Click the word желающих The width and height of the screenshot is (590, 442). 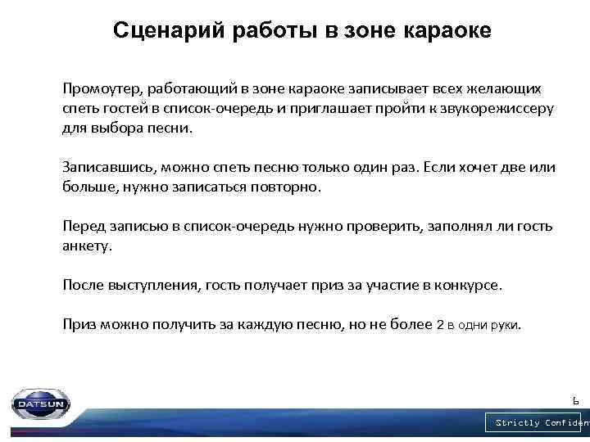(505, 88)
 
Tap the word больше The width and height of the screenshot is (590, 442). (88, 187)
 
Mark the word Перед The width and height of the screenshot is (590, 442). (83, 226)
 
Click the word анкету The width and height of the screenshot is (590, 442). (86, 246)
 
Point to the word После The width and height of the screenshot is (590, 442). (83, 285)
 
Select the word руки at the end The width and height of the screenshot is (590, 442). (503, 325)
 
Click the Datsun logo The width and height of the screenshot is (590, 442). (40, 404)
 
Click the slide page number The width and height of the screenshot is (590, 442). (575, 400)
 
